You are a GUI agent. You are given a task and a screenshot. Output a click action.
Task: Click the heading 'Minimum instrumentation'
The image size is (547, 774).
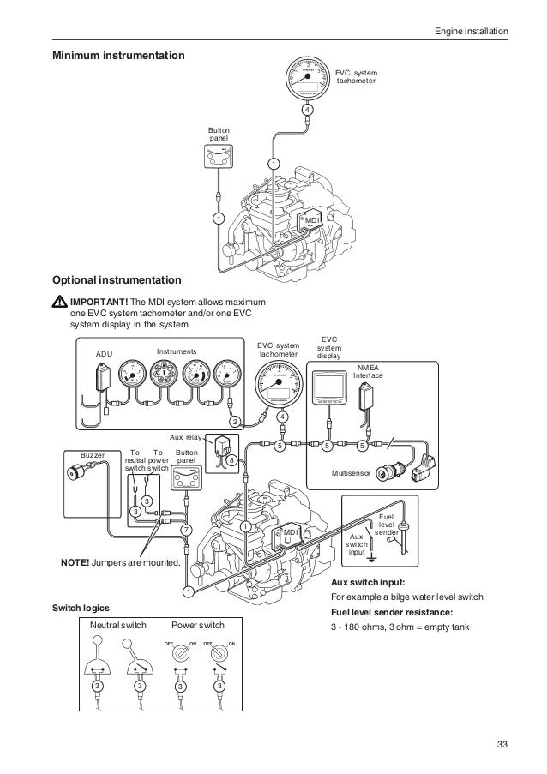click(x=118, y=57)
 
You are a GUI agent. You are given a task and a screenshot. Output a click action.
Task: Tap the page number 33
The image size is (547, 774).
click(x=502, y=741)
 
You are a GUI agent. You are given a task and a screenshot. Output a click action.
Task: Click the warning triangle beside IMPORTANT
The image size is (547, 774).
click(x=59, y=303)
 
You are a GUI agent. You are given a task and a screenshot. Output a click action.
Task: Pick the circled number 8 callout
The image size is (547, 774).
click(x=231, y=460)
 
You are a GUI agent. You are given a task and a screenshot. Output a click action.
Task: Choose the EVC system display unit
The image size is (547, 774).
click(x=329, y=390)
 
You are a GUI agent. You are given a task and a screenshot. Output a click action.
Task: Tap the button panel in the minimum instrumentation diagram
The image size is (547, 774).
click(x=219, y=157)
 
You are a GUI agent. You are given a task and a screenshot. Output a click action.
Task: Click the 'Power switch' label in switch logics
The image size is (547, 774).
click(x=198, y=625)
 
